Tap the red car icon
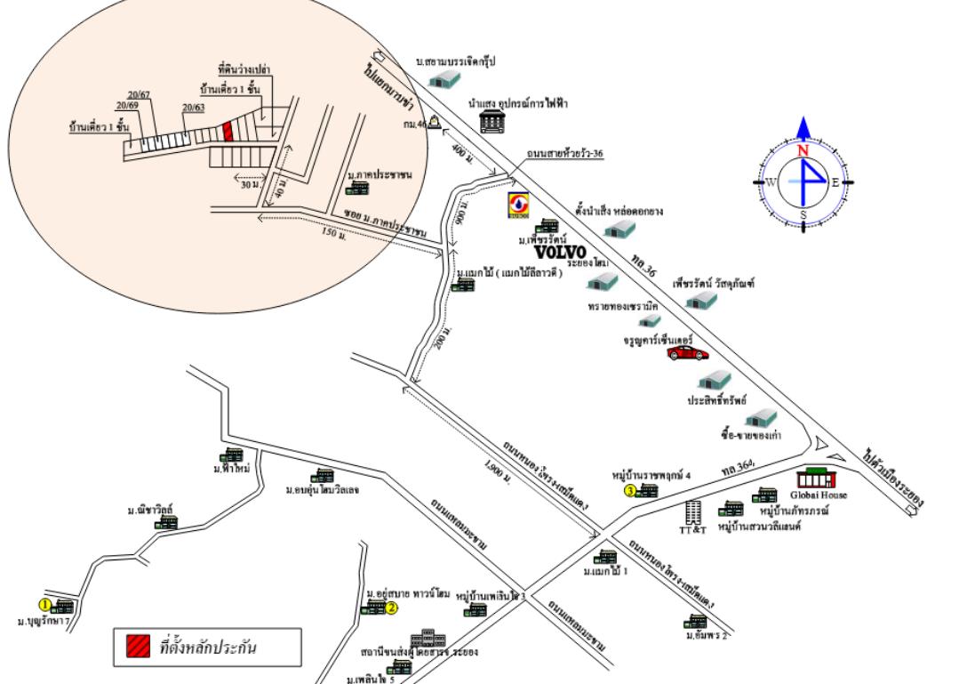pyautogui.click(x=688, y=353)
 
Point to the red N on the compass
pyautogui.click(x=803, y=151)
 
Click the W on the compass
pyautogui.click(x=771, y=182)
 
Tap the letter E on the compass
pyautogui.click(x=835, y=182)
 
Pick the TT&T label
pyautogui.click(x=692, y=529)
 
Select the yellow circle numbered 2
pyautogui.click(x=391, y=608)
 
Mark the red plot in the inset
pyautogui.click(x=228, y=132)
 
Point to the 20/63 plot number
pyautogui.click(x=193, y=109)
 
